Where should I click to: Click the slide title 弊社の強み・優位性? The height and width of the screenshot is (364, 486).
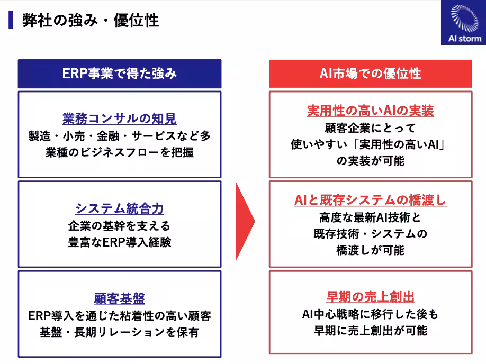[x=90, y=21]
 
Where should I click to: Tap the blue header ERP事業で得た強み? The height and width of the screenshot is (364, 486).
[x=119, y=74]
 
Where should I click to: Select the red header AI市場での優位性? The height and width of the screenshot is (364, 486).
[x=370, y=74]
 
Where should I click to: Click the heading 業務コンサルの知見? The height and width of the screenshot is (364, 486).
[x=119, y=118]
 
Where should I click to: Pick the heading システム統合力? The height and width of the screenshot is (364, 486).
[x=119, y=208]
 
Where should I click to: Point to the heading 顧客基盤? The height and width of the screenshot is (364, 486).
[x=119, y=298]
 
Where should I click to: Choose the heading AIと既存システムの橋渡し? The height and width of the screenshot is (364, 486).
[x=370, y=201]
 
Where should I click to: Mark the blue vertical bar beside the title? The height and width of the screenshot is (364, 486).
[x=11, y=20]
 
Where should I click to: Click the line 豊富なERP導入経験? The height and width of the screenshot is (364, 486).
[x=119, y=243]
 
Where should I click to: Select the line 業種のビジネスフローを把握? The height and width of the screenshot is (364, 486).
[x=119, y=152]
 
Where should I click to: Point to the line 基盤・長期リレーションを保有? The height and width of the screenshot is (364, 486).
[x=119, y=333]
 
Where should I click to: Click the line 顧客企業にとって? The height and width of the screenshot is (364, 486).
[x=370, y=128]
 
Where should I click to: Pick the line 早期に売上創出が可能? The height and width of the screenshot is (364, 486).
[x=370, y=331]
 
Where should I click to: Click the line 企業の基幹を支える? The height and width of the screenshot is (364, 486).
[x=119, y=226]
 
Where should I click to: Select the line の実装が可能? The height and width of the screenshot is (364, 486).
[x=370, y=160]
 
